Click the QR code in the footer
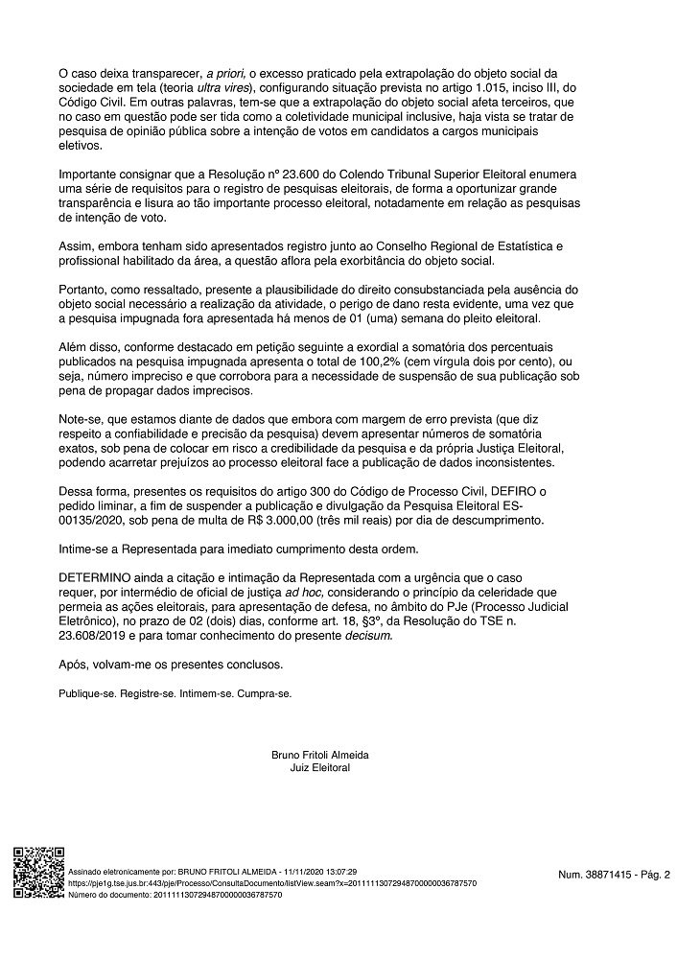[x=37, y=872]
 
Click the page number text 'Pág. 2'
[x=655, y=875]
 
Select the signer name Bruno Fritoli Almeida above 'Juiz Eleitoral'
[x=320, y=755]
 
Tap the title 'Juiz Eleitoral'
[x=320, y=768]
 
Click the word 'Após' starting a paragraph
[x=73, y=663]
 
